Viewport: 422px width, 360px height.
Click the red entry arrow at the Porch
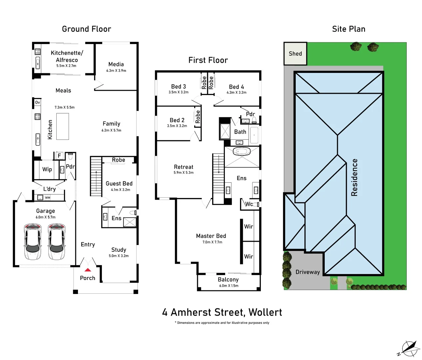click(88, 270)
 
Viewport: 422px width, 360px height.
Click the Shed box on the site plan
click(295, 54)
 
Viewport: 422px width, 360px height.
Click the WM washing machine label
click(48, 198)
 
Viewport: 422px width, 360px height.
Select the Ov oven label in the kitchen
click(38, 102)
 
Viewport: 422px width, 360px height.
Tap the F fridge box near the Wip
click(59, 156)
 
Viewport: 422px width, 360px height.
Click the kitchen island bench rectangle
click(63, 126)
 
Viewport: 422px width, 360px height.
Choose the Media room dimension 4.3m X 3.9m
click(116, 71)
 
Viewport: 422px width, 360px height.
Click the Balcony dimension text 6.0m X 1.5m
click(228, 286)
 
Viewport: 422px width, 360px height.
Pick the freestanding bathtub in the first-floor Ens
click(241, 152)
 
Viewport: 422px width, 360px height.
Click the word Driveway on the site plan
click(307, 272)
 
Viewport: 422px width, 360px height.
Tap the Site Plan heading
click(348, 29)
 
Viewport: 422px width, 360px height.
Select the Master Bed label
click(211, 236)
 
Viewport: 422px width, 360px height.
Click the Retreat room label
click(183, 167)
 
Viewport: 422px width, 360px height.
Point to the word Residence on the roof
click(354, 177)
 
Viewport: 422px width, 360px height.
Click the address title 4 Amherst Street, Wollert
click(222, 312)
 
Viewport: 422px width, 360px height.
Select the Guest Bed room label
click(119, 184)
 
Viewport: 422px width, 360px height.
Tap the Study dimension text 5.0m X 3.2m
click(119, 256)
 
